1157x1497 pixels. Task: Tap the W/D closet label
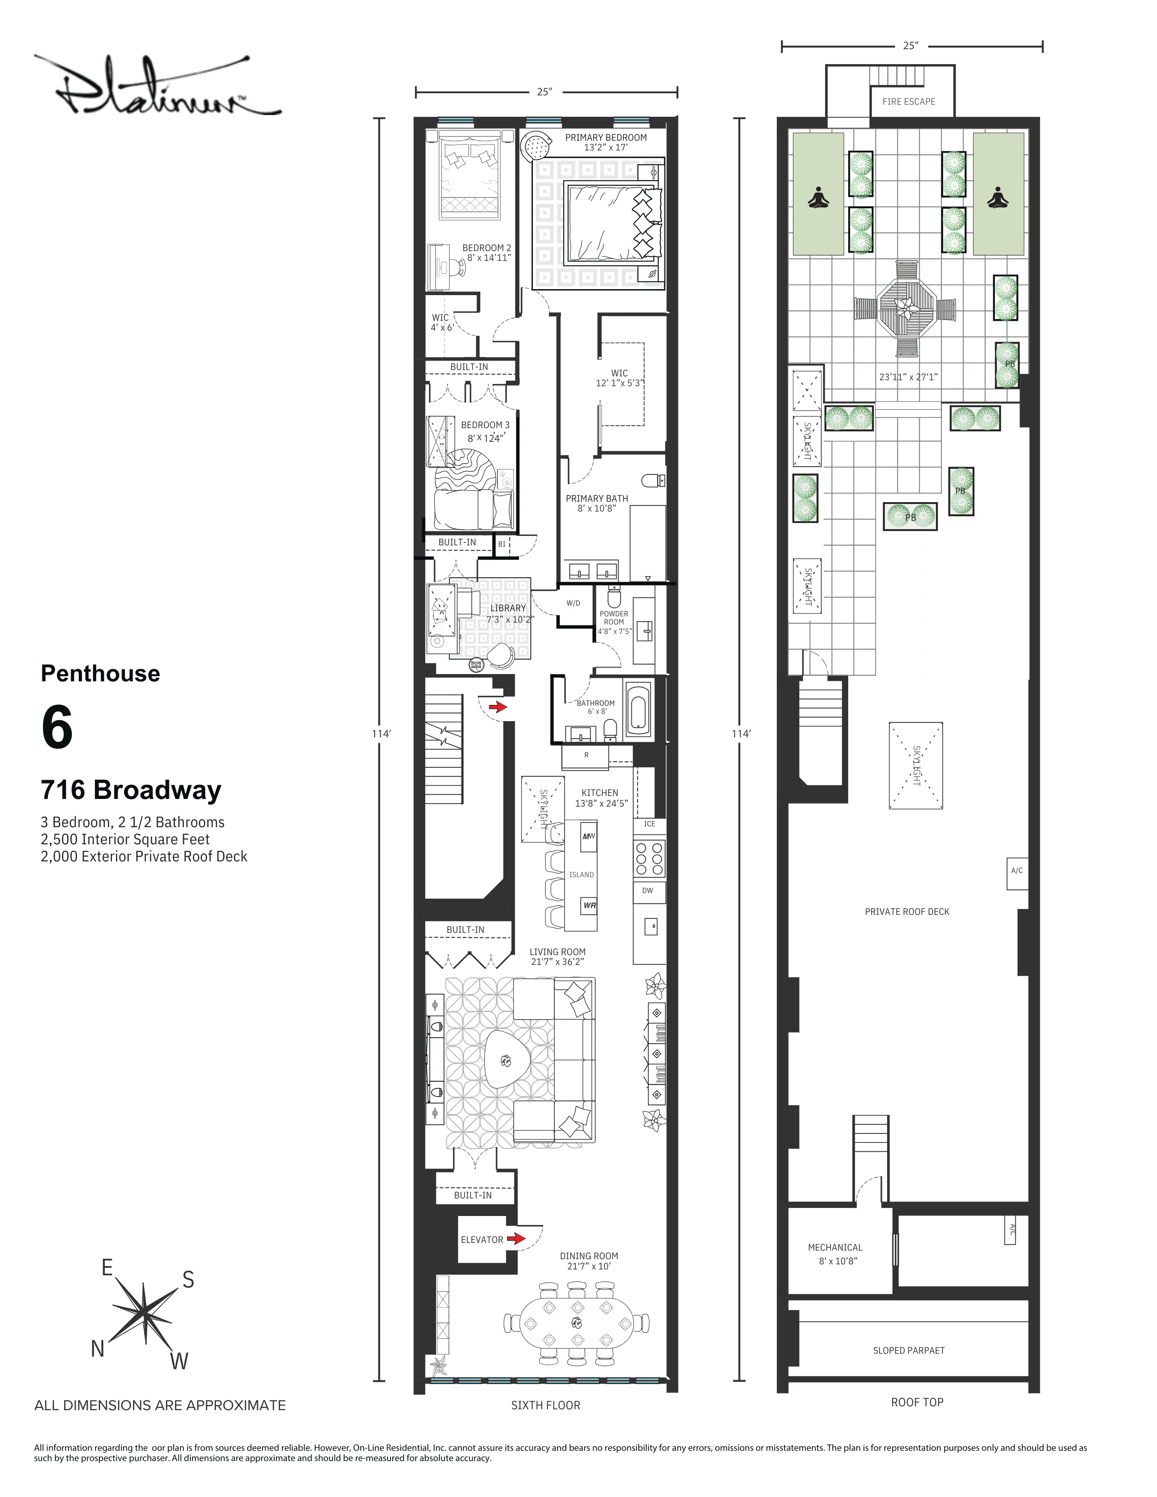tap(573, 603)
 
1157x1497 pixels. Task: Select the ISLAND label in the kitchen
tap(581, 875)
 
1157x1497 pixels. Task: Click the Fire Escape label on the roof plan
tap(908, 101)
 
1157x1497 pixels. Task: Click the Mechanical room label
tap(835, 1248)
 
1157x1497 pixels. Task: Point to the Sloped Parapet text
tap(908, 1350)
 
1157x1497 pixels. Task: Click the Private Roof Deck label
tap(907, 911)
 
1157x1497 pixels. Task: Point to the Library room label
tap(508, 608)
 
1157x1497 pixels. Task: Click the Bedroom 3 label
tap(485, 425)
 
